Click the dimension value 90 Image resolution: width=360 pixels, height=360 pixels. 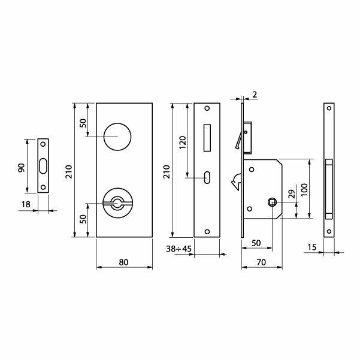[21, 167]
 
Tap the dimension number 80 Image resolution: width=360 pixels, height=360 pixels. [124, 261]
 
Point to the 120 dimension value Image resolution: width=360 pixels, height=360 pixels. [183, 141]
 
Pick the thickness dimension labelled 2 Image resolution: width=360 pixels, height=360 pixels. [255, 95]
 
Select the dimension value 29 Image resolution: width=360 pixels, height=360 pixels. [291, 194]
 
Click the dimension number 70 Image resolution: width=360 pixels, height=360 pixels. [261, 261]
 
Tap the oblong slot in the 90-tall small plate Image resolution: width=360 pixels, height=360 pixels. [43, 167]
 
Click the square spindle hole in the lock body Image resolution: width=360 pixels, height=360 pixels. [272, 202]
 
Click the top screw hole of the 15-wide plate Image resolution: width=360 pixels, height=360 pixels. [328, 109]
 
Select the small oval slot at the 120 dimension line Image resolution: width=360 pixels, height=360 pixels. [207, 177]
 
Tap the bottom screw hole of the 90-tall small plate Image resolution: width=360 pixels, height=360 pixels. [43, 188]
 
